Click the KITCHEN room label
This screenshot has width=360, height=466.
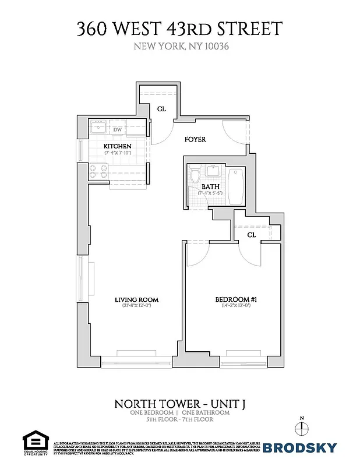coord(117,146)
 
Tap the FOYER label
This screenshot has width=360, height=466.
coord(195,140)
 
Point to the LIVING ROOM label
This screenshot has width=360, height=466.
coord(137,300)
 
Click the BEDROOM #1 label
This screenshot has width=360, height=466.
coord(237,300)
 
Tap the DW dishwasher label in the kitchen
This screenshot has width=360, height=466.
coord(117,129)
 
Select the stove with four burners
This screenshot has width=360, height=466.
coord(98,171)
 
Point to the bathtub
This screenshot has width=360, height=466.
coord(235,186)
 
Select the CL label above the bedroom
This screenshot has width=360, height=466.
coord(252,235)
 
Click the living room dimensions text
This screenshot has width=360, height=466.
coord(137,306)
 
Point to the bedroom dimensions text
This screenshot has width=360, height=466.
coord(237,306)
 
